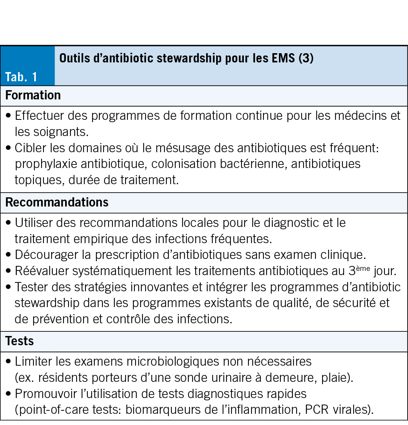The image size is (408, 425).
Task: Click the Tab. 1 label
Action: (21, 77)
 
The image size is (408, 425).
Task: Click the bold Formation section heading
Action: (33, 95)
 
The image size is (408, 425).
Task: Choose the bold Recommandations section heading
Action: (57, 203)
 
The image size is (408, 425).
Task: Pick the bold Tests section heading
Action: (19, 341)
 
